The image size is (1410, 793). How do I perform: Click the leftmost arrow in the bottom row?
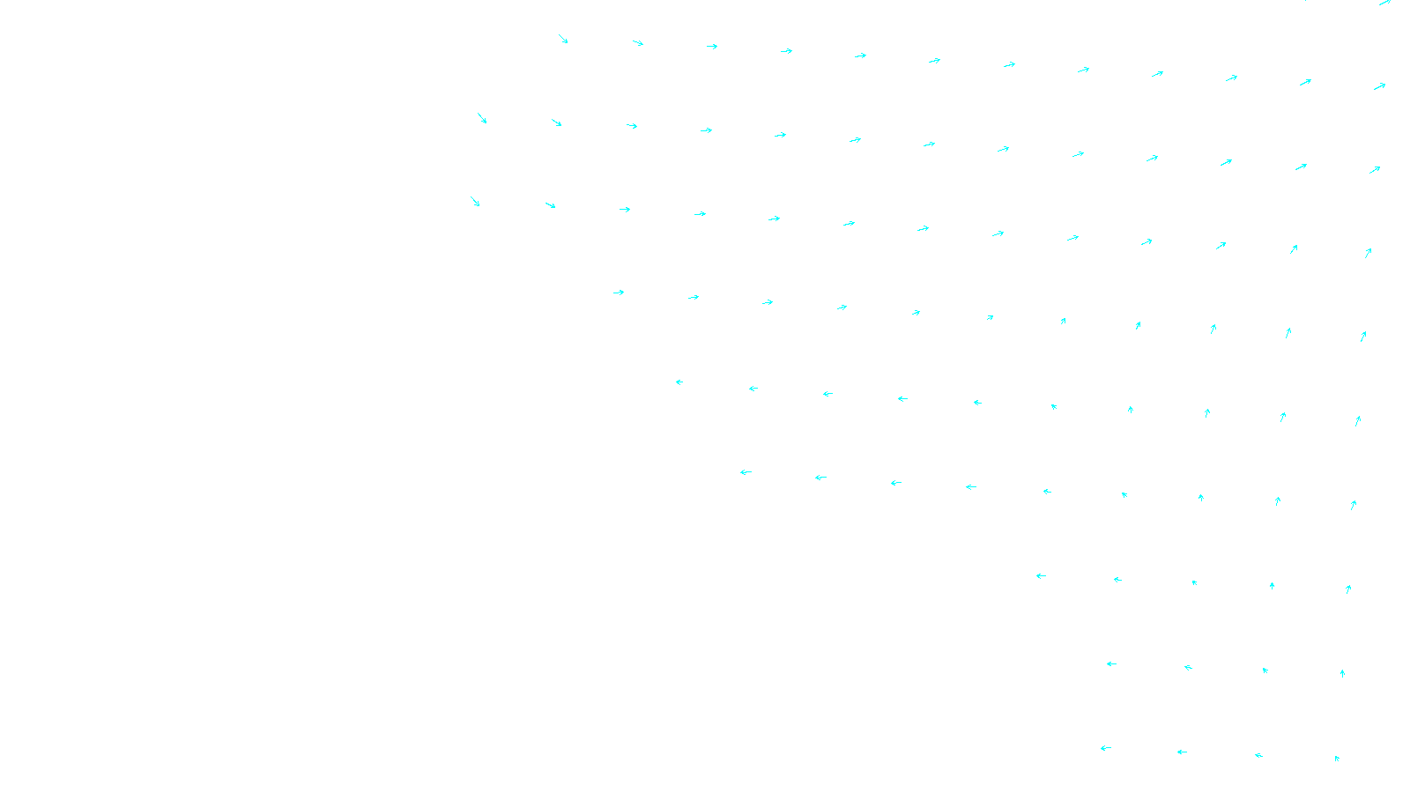point(1106,749)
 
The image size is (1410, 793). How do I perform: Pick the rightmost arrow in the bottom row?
point(1337,758)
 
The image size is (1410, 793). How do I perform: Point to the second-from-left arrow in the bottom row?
point(1182,752)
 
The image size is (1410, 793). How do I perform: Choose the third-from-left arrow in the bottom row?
point(1258,755)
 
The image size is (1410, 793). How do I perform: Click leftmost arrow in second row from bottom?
point(1111,664)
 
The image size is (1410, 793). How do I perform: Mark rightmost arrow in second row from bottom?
point(1342,673)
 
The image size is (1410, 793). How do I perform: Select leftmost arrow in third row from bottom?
point(1041,576)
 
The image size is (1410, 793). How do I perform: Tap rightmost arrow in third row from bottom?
point(1348,589)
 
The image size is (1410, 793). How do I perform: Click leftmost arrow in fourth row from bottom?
point(746,473)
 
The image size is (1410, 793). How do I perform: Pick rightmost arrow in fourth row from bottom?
point(1353,505)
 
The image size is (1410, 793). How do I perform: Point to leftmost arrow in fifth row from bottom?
point(679,382)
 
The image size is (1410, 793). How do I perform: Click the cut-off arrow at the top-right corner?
point(1384,3)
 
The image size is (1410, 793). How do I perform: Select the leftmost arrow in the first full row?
point(563,40)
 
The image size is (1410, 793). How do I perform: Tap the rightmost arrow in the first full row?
point(1379,86)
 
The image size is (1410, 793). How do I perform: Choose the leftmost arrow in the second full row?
point(482,118)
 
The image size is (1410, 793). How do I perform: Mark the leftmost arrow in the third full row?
point(475,202)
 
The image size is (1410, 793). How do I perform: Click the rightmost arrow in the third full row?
point(1368,253)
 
